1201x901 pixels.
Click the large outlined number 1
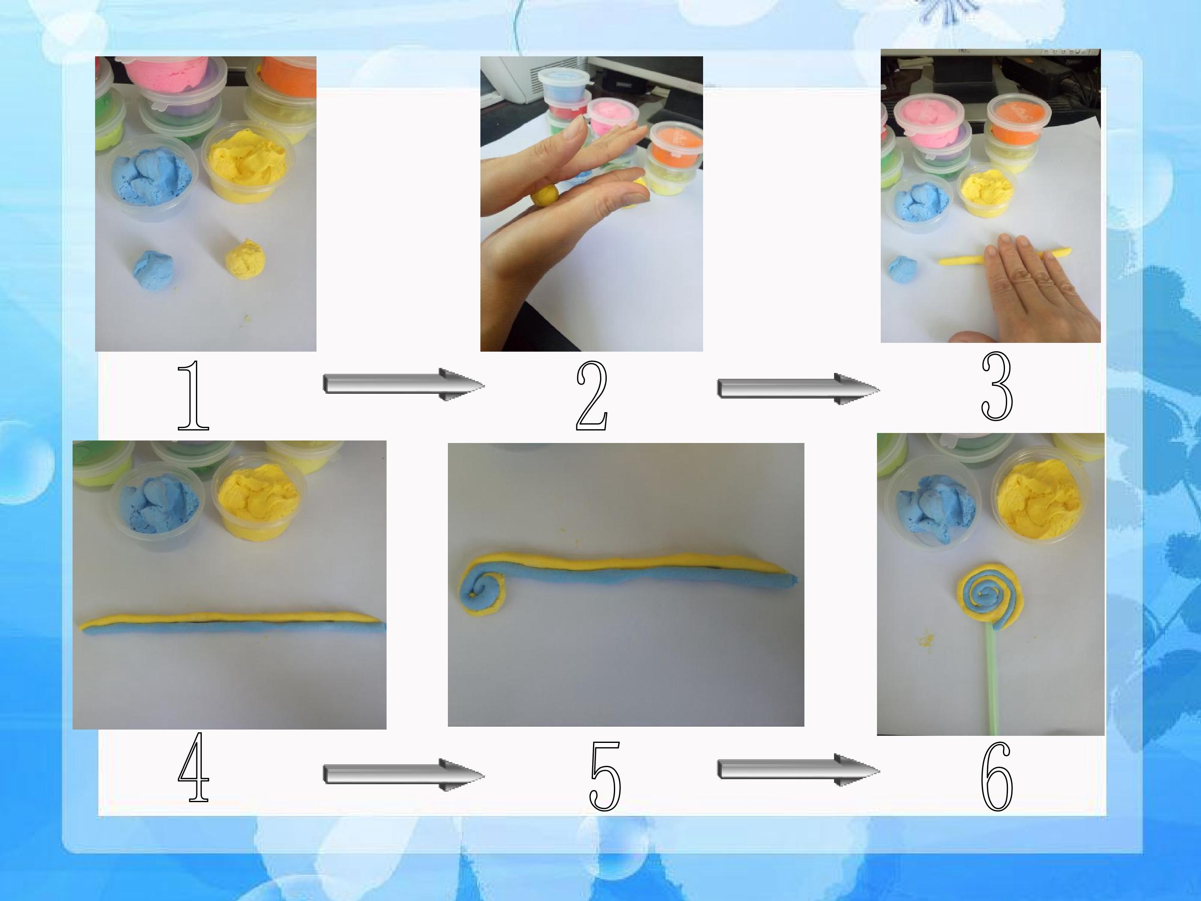pos(194,395)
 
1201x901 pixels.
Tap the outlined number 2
pos(592,395)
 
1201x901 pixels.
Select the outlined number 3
pos(997,387)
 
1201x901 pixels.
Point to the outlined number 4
pos(193,766)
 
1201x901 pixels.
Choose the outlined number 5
pos(605,776)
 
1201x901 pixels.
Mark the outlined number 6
pos(997,776)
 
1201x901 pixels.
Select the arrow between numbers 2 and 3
pos(799,389)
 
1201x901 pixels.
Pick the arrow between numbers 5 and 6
pos(799,770)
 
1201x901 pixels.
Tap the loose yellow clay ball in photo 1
pos(245,259)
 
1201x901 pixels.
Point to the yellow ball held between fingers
pos(545,195)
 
